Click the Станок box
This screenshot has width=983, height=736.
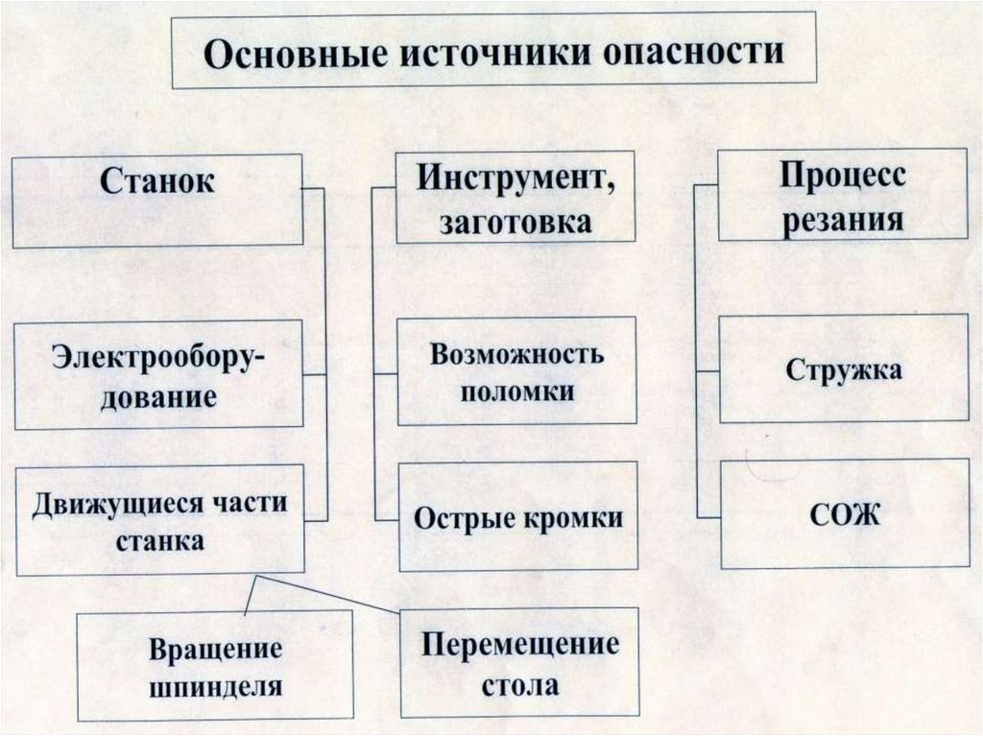[x=157, y=202]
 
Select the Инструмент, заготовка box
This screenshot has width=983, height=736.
[x=516, y=198]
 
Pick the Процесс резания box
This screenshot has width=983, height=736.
[x=842, y=195]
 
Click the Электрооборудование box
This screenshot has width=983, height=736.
[x=159, y=374]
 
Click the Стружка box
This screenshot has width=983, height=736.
[x=844, y=369]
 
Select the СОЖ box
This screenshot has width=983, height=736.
[x=844, y=515]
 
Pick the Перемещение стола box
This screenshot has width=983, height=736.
[x=519, y=663]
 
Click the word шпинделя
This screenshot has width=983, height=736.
[x=215, y=686]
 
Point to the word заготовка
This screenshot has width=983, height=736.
[x=516, y=223]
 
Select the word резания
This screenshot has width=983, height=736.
[x=842, y=220]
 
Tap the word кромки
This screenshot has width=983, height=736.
[x=574, y=519]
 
